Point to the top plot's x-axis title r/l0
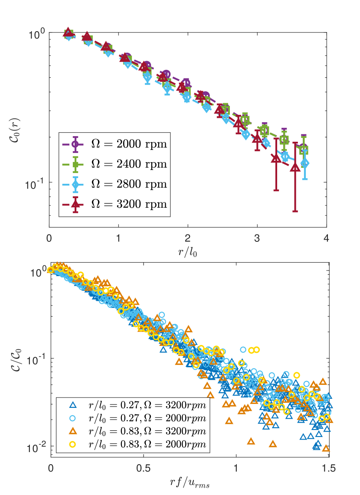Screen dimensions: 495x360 coord(188,251)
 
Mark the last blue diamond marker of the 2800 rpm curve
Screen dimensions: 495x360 coord(305,163)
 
